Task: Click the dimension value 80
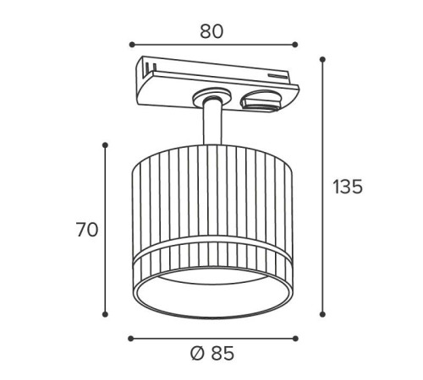pos(211,31)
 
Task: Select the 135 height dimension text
pos(348,187)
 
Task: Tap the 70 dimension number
pos(87,230)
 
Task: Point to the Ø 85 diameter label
pos(212,353)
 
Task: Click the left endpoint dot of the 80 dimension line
pos(132,45)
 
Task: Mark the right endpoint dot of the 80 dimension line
pos(295,45)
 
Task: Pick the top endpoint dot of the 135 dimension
pos(323,59)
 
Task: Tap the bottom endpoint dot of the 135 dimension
pos(323,314)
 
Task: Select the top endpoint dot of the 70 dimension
pos(105,145)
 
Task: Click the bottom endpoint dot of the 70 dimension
pos(105,314)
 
